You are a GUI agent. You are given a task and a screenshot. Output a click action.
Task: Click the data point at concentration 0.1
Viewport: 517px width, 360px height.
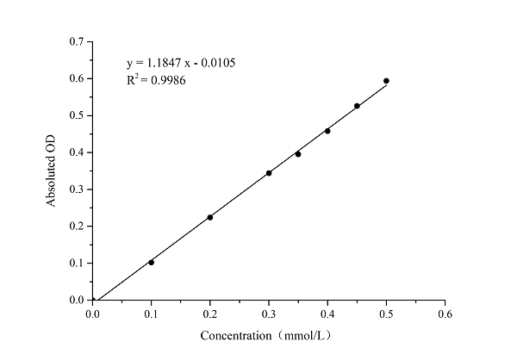152,262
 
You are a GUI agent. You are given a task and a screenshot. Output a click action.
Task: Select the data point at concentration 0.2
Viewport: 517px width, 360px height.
210,217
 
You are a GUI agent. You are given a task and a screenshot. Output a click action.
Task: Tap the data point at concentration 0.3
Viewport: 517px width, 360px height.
269,173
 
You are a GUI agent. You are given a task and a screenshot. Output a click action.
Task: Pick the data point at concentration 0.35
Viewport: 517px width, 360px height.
298,154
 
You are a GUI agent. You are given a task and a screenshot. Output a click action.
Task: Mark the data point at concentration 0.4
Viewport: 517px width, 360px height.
327,131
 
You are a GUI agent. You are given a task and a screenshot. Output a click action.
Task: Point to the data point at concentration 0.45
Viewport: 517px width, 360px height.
357,106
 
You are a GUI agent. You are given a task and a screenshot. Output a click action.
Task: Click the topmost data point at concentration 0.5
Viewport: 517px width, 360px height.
386,81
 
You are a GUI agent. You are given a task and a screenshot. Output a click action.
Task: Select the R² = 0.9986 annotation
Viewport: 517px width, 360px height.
156,80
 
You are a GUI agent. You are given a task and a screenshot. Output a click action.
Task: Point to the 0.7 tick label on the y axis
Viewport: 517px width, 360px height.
77,41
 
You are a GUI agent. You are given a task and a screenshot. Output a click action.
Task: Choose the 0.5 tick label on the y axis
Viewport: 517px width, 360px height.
77,115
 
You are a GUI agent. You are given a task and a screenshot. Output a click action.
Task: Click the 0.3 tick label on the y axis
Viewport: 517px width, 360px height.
77,189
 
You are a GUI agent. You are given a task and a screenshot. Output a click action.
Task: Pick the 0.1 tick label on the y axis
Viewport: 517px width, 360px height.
77,264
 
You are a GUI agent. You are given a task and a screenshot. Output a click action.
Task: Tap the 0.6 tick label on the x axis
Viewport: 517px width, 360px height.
445,313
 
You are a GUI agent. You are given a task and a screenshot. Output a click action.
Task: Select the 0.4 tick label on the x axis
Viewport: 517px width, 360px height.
327,313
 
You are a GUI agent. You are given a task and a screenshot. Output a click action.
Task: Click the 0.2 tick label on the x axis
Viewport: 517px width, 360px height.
210,313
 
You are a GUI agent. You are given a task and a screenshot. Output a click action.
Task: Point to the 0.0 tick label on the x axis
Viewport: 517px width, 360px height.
93,313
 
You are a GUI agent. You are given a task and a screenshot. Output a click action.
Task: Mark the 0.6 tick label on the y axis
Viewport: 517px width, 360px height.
77,78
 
